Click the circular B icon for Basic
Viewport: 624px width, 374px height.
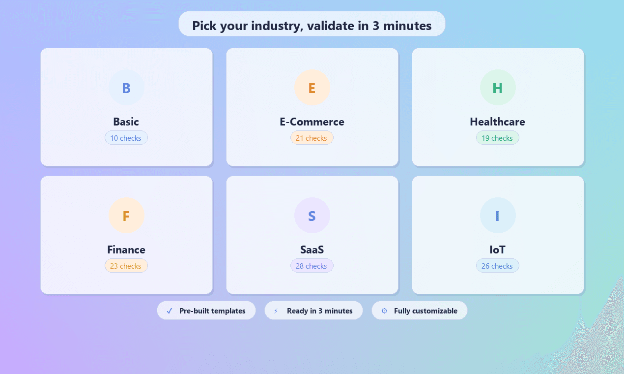[x=126, y=88]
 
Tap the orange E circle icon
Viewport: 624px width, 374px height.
[x=312, y=88]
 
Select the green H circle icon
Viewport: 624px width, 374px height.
[x=498, y=88]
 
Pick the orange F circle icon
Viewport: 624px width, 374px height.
[x=126, y=216]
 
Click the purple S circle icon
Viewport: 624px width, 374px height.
[x=312, y=216]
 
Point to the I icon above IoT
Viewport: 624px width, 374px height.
[x=498, y=216]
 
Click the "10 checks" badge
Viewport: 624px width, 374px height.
[x=126, y=138]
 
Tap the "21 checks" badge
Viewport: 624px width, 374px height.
[x=312, y=138]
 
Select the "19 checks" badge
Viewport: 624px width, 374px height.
[x=498, y=138]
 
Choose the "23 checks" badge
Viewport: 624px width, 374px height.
[x=126, y=266]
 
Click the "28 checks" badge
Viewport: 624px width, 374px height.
[x=312, y=266]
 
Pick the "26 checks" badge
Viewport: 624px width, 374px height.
[x=498, y=266]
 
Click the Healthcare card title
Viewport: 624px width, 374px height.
[x=498, y=122]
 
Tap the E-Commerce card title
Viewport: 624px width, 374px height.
[x=312, y=122]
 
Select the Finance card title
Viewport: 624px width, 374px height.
[x=126, y=249]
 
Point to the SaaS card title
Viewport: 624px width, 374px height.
[x=312, y=249]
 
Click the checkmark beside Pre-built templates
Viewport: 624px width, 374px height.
[x=170, y=311]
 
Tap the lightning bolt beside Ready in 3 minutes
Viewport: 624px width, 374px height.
[x=276, y=311]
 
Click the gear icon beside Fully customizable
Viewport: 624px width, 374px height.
[x=384, y=311]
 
